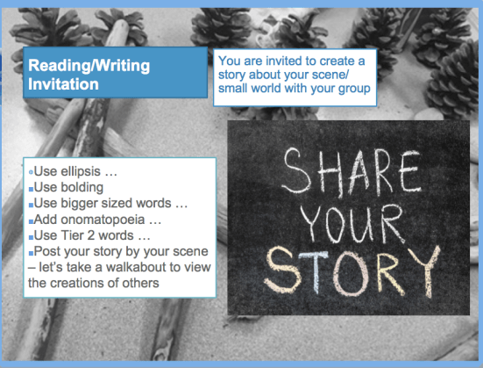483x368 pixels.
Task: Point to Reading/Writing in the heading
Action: [x=89, y=66]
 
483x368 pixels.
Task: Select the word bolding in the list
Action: [x=83, y=187]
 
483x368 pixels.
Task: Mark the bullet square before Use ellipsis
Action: [x=31, y=172]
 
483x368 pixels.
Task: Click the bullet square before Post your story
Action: [x=31, y=252]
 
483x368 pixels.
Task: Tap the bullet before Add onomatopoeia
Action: [x=31, y=220]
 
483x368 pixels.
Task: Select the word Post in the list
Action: [x=47, y=251]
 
